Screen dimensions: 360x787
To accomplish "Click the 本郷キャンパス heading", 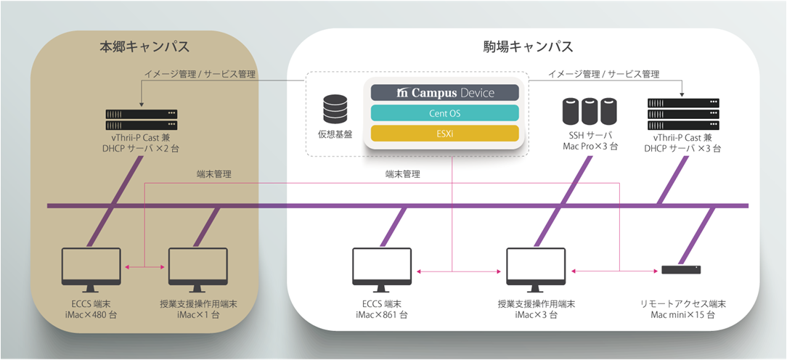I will coord(144,47).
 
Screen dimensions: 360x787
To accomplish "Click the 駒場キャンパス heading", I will coord(528,47).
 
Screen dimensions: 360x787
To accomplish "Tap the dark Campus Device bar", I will coord(445,93).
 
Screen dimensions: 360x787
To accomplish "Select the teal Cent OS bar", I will coord(445,113).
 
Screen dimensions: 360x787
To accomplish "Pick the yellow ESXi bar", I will coord(445,134).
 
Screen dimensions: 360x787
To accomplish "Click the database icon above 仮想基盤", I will coord(335,109).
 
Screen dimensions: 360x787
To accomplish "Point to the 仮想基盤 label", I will coord(335,135).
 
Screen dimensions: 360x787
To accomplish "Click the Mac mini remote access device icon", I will coord(681,270).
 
